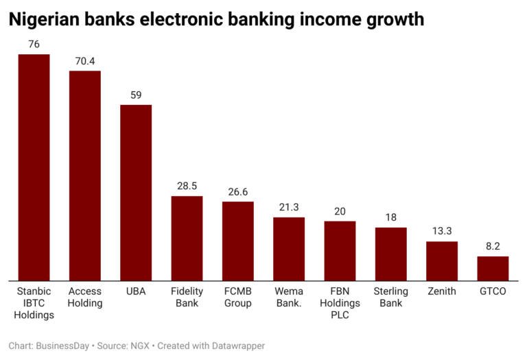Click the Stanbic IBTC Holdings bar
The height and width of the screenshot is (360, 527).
tap(34, 167)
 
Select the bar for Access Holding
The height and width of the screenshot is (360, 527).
tap(85, 176)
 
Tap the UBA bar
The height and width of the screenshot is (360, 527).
tap(136, 193)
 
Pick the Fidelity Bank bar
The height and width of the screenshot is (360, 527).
tap(187, 238)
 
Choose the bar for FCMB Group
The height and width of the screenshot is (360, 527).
tap(238, 241)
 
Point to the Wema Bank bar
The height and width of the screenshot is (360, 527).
tap(289, 249)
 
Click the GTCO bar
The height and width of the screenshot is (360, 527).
tap(493, 268)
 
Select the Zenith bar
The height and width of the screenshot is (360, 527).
tap(442, 261)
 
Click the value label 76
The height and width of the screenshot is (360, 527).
tap(34, 45)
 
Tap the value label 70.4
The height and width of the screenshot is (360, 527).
tap(85, 61)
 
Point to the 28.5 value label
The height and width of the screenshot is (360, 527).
tap(187, 186)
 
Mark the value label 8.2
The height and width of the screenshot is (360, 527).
tap(493, 246)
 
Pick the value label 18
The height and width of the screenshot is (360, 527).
tap(390, 217)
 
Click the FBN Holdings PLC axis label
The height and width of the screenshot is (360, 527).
tap(340, 303)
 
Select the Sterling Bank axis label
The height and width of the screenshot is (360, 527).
tap(390, 297)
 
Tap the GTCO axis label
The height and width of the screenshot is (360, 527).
tap(493, 291)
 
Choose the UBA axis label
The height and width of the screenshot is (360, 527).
tap(136, 291)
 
